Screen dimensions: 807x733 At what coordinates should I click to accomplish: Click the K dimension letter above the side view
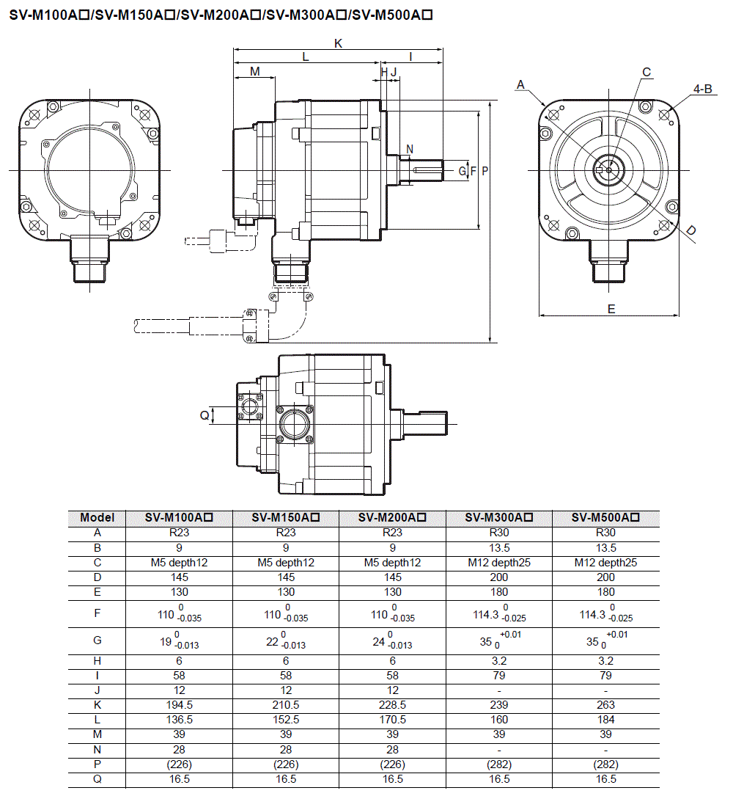(338, 43)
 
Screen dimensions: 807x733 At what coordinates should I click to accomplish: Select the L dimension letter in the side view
(305, 56)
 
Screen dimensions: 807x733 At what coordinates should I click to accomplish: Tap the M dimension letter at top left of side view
(254, 71)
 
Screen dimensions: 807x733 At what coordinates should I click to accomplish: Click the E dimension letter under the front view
(611, 309)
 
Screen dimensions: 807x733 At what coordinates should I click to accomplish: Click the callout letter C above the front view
(647, 72)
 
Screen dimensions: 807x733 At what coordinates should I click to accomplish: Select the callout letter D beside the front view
(691, 231)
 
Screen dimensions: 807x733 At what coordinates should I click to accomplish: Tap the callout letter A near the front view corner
(520, 85)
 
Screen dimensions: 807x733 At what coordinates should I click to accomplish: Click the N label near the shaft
(410, 149)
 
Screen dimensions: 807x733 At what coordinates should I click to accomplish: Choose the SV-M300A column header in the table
(498, 518)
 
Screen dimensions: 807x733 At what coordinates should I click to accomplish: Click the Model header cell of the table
(97, 518)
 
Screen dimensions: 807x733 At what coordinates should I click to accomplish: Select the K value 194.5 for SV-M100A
(179, 705)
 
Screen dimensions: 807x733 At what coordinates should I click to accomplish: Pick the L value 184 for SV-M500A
(605, 720)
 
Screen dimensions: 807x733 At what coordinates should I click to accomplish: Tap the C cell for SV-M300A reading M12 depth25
(498, 563)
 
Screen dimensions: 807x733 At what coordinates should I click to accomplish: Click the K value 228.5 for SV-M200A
(393, 705)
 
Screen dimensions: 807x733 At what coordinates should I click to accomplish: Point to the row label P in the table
(97, 764)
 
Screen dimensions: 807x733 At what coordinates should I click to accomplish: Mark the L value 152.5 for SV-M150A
(286, 720)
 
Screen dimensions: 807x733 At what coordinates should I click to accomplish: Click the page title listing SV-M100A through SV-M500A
(220, 15)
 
